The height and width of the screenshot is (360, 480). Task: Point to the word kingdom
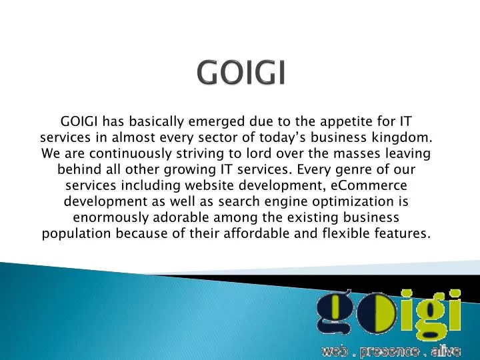(x=405, y=138)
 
